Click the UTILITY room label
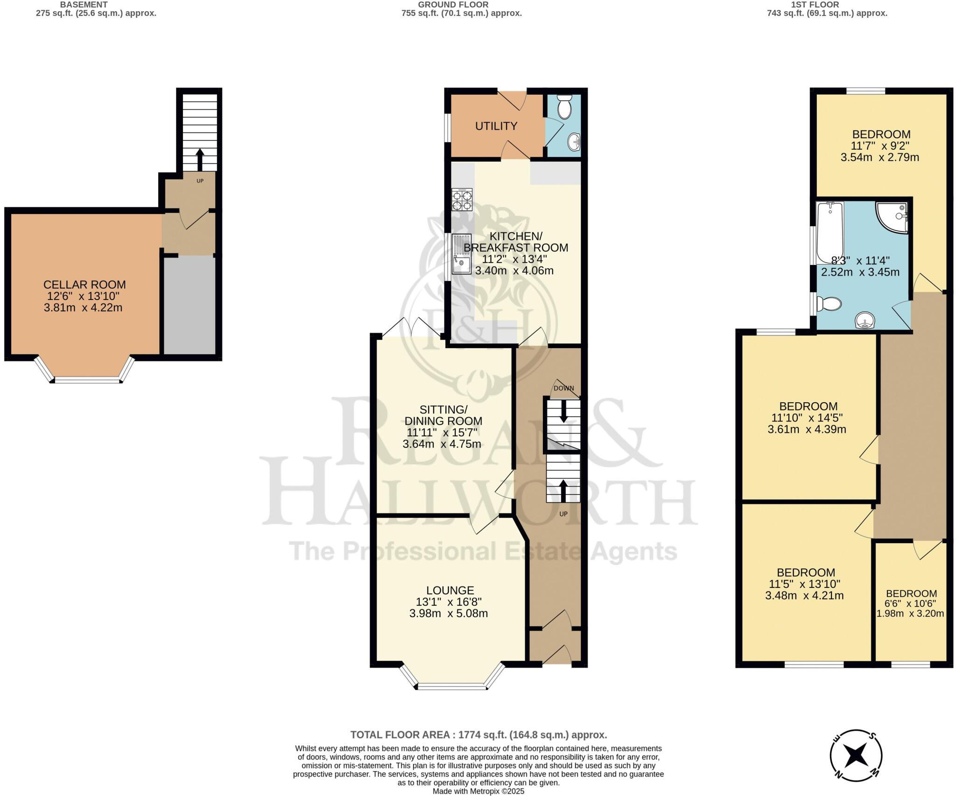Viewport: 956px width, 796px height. (496, 126)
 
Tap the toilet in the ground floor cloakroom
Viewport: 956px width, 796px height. (565, 107)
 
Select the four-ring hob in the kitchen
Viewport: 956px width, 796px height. (462, 200)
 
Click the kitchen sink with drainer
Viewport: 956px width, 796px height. (461, 254)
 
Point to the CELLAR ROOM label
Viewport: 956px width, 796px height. (84, 285)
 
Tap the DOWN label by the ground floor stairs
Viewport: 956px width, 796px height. (563, 388)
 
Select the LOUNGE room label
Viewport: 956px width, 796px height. (450, 590)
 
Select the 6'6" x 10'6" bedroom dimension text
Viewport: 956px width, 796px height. (911, 603)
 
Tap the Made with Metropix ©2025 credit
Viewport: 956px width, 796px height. (478, 791)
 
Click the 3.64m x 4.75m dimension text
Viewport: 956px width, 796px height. (442, 444)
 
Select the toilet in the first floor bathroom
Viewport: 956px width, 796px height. (829, 304)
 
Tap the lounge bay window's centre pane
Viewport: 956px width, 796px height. (451, 687)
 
